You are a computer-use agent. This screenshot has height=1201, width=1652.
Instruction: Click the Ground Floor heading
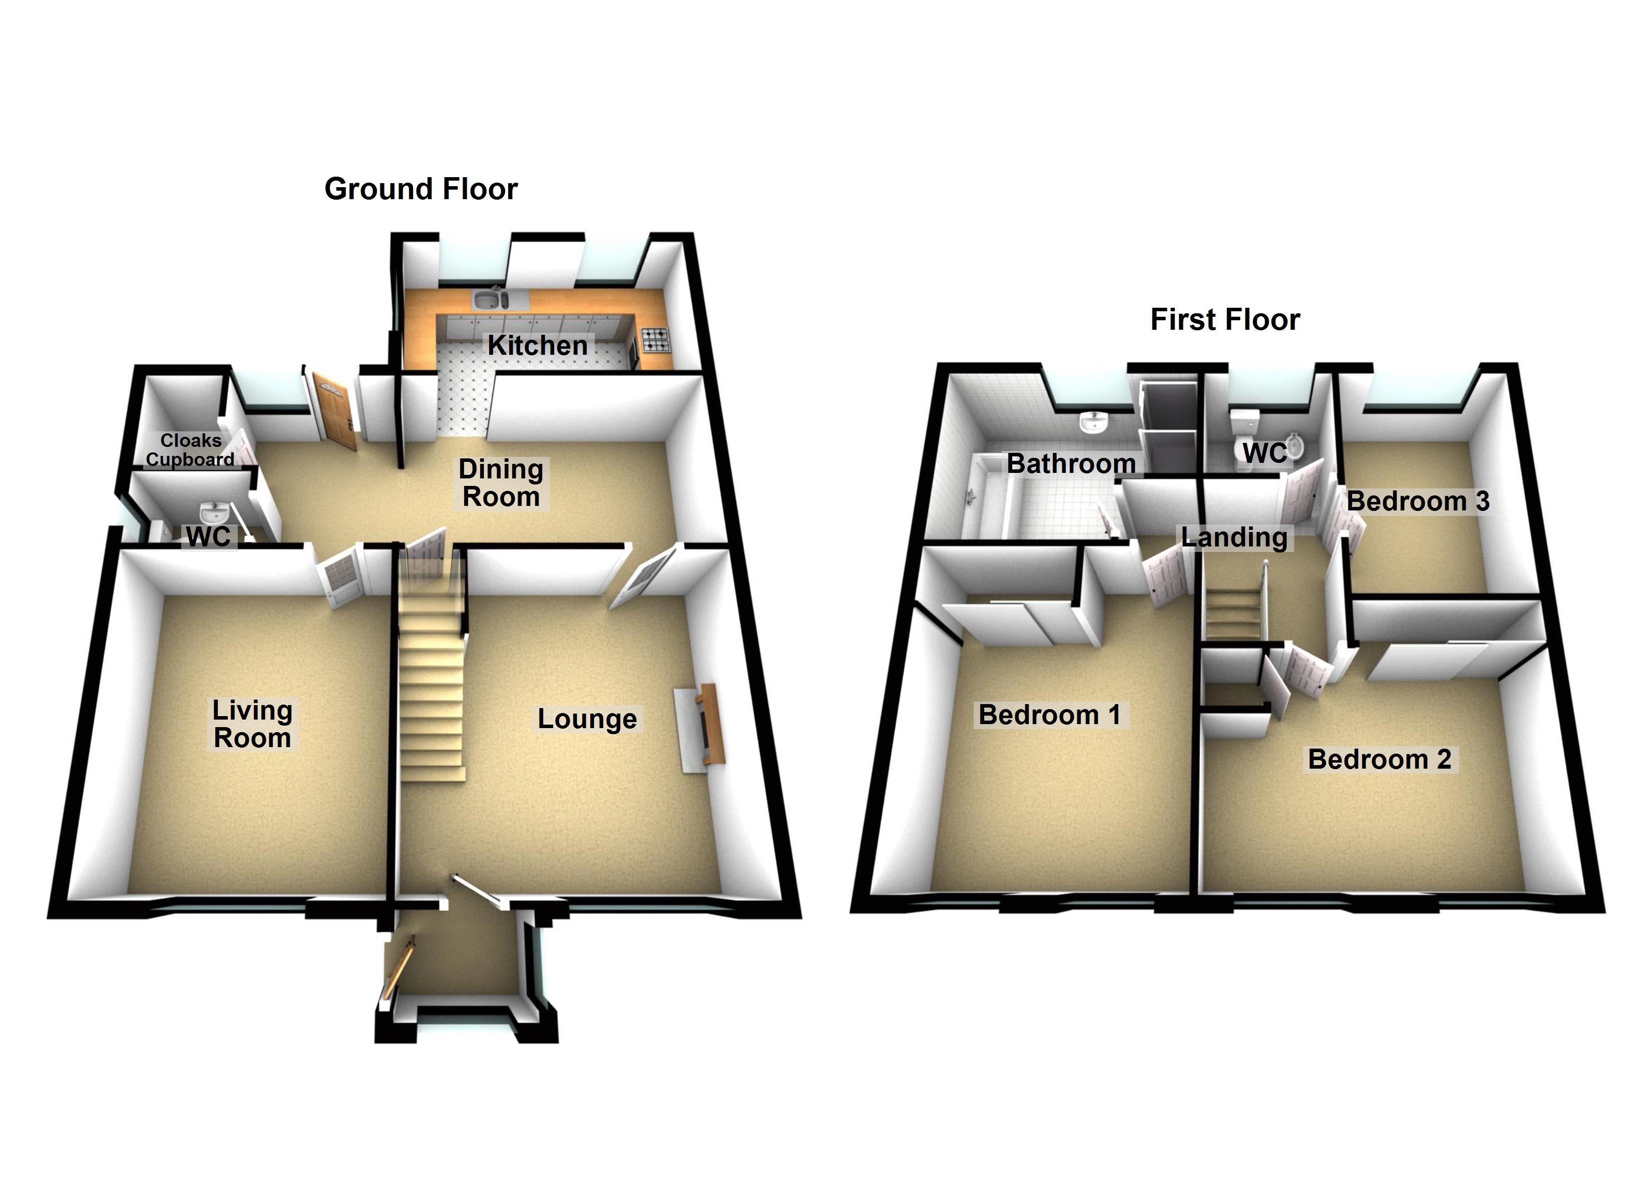tap(421, 189)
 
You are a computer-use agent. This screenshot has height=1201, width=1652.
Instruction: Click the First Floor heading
tap(1224, 320)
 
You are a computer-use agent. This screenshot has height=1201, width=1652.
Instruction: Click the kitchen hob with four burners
tap(654, 339)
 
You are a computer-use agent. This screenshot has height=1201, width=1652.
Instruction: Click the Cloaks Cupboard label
tap(190, 450)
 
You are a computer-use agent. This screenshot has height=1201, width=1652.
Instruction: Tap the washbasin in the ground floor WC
tap(213, 511)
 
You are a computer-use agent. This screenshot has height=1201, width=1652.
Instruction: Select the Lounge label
tap(587, 719)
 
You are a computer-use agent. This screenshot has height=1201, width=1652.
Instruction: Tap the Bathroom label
tap(1071, 463)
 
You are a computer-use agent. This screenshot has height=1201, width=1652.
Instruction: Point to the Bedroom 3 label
tap(1417, 501)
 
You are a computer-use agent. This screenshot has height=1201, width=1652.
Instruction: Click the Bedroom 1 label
tap(1049, 715)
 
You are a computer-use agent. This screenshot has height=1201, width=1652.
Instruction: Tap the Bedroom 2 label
tap(1380, 759)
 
